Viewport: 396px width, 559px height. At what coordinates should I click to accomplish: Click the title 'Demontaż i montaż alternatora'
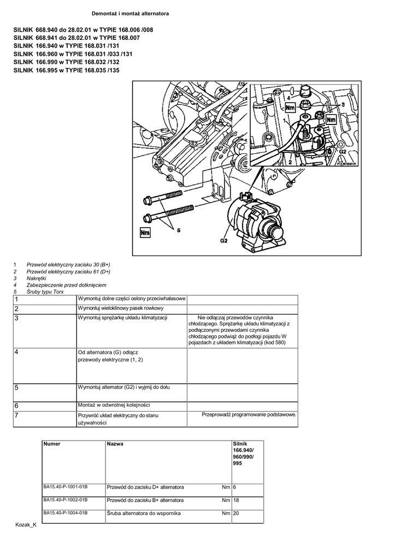(x=130, y=13)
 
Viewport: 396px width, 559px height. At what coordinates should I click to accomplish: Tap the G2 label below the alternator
(x=224, y=240)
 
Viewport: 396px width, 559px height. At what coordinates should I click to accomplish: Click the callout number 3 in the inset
(x=343, y=103)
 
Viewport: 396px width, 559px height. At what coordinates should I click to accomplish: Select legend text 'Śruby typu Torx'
(x=45, y=292)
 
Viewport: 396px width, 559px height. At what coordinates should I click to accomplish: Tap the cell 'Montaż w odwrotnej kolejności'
(x=114, y=405)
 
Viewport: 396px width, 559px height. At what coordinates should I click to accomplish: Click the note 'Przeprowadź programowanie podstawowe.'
(x=249, y=415)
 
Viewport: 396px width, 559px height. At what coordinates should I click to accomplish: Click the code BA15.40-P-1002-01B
(x=66, y=499)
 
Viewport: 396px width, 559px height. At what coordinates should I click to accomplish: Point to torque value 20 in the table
(x=236, y=514)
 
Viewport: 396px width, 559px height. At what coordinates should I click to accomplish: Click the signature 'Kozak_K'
(x=26, y=525)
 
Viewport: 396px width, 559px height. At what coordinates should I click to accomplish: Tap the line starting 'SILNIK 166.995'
(x=66, y=70)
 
